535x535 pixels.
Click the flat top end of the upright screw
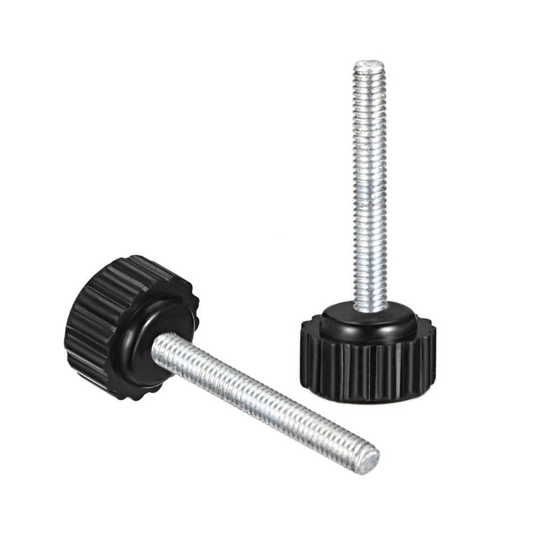point(369,65)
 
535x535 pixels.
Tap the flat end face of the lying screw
point(368,459)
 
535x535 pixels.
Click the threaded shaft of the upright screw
point(370,187)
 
